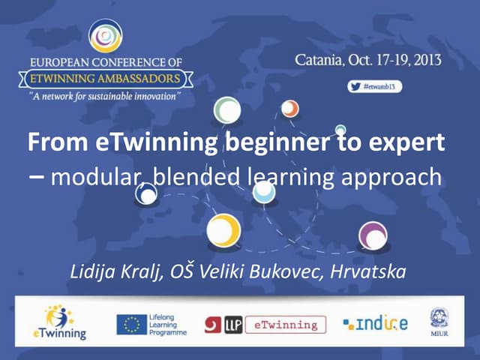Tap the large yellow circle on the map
tap(223, 231)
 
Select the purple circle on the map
tap(373, 235)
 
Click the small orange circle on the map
tap(289, 109)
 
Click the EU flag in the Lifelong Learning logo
tap(131, 324)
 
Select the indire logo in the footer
tap(376, 324)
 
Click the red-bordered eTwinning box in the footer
tap(285, 324)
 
